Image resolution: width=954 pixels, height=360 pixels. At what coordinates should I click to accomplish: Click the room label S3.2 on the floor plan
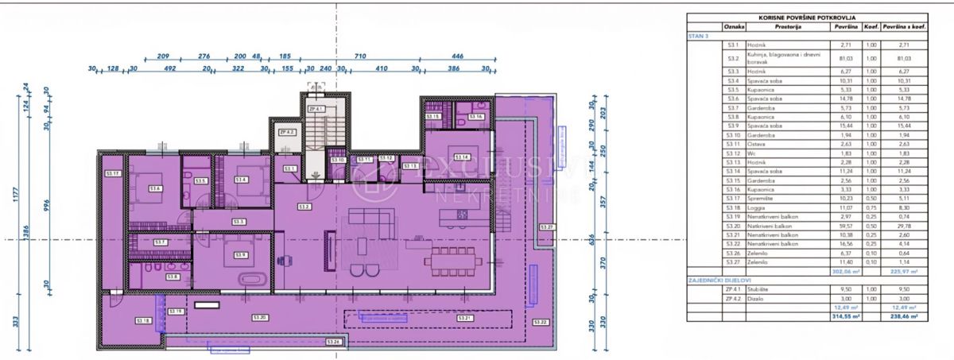point(304,207)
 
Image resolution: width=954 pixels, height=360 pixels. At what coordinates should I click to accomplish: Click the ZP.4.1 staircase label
point(316,109)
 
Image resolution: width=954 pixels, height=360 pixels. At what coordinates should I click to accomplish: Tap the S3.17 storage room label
point(112,173)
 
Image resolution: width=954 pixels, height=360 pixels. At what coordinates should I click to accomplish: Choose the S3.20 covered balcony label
point(261,318)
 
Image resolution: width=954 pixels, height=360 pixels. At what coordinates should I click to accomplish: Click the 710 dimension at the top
point(359,57)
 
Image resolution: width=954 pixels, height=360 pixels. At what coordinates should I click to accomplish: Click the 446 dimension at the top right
point(457,57)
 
